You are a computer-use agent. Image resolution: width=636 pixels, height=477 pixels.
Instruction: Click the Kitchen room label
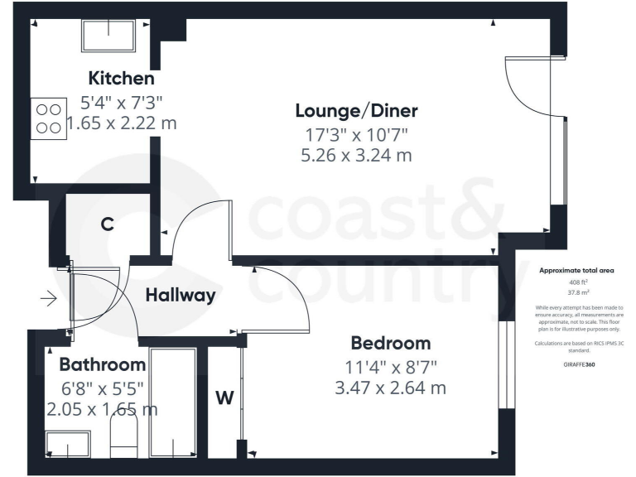[121, 79]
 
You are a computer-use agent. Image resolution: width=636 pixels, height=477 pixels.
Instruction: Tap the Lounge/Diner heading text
[356, 111]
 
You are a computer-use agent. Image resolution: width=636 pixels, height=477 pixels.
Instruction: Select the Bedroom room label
[390, 343]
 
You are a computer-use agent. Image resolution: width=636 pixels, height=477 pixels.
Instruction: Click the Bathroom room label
[103, 364]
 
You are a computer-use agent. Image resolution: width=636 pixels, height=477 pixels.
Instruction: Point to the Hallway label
[181, 295]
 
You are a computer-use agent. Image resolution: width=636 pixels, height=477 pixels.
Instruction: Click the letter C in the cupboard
[107, 224]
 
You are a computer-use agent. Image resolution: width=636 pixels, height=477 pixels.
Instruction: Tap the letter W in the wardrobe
[224, 398]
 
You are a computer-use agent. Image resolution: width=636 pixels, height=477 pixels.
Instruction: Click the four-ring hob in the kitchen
[48, 118]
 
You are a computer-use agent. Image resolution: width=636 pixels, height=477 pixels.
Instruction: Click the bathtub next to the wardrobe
[172, 402]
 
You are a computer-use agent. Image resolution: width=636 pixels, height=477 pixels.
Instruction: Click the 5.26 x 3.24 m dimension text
[357, 155]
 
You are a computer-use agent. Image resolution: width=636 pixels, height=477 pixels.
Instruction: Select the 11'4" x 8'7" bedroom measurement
[390, 365]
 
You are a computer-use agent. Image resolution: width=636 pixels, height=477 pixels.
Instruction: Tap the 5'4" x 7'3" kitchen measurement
[121, 104]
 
